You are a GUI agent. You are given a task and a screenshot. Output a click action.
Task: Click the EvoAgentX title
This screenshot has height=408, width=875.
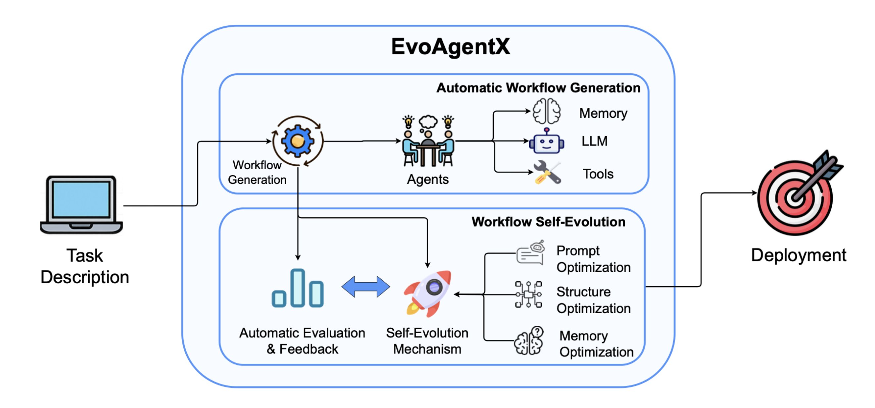click(x=450, y=47)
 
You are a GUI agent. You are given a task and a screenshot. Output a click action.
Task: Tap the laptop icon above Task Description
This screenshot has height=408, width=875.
click(x=81, y=205)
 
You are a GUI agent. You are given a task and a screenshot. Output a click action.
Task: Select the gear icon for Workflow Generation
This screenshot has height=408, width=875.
click(x=298, y=141)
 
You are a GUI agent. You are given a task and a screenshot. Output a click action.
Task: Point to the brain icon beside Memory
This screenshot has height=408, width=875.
click(x=546, y=111)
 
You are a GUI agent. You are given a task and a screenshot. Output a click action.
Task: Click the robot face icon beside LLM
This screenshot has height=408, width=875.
click(x=546, y=142)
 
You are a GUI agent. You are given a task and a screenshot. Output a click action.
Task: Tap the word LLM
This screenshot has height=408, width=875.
click(x=594, y=141)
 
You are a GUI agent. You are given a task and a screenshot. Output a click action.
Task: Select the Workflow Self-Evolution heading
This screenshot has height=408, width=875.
click(x=548, y=222)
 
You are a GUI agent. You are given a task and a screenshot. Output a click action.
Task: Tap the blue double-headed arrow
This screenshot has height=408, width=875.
click(x=365, y=287)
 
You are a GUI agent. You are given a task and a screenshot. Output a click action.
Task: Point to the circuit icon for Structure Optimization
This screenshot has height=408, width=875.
click(x=528, y=294)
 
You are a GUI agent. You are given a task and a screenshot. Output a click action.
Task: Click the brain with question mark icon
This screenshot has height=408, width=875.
click(x=529, y=341)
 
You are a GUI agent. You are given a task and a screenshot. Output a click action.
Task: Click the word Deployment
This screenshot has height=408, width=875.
click(x=798, y=255)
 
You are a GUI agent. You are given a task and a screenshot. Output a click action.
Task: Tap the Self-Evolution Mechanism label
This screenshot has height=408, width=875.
click(x=427, y=341)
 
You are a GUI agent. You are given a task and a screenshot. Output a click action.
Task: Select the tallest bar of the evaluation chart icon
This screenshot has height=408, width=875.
click(x=298, y=288)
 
